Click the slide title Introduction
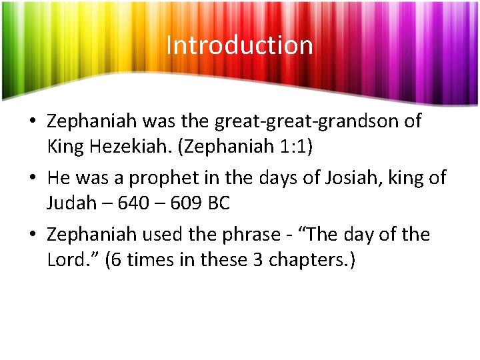click(x=239, y=45)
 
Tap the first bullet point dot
click(x=33, y=122)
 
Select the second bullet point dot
click(x=33, y=179)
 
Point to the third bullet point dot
click(x=33, y=235)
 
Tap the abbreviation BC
click(x=219, y=203)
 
